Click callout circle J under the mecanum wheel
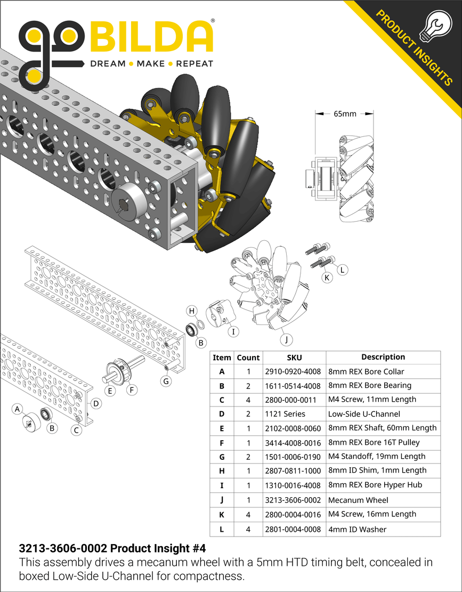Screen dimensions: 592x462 pos(286,339)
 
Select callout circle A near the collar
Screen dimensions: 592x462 pos(17,409)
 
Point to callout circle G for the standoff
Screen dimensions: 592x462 pos(166,382)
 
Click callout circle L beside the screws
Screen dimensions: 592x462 pos(342,270)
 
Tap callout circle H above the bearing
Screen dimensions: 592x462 pos(192,311)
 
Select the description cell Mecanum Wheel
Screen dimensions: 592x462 pos(358,500)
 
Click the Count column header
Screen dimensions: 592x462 pos(248,358)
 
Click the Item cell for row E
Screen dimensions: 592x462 pos(222,428)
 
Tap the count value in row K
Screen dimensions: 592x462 pos(248,515)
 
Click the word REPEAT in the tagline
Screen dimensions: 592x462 pos(194,64)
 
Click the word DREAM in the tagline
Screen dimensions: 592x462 pos(107,64)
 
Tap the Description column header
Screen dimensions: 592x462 pos(383,357)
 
